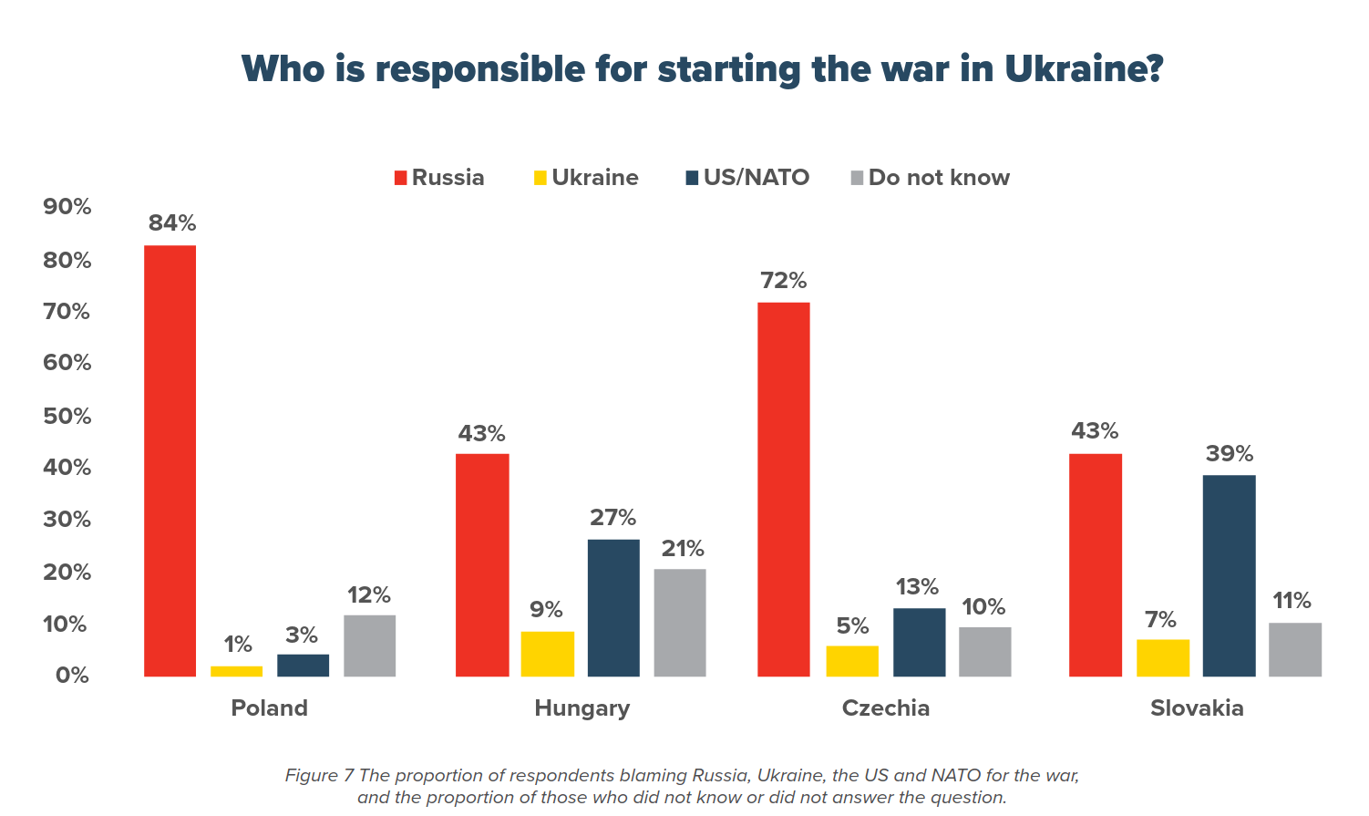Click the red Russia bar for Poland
point(170,460)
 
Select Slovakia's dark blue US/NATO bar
point(1229,575)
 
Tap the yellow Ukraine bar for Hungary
point(547,654)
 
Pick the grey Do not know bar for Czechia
point(984,652)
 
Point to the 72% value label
point(784,281)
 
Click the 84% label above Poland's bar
point(172,223)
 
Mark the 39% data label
point(1230,454)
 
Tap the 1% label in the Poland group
point(238,645)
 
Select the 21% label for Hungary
point(683,549)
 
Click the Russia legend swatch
point(400,178)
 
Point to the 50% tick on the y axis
point(67,417)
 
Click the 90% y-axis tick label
point(67,207)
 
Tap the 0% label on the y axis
point(72,676)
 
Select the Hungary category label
point(582,708)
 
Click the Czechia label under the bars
point(886,708)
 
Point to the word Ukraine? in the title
point(1084,69)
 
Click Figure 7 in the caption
point(319,776)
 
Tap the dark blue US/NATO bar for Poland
point(303,666)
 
